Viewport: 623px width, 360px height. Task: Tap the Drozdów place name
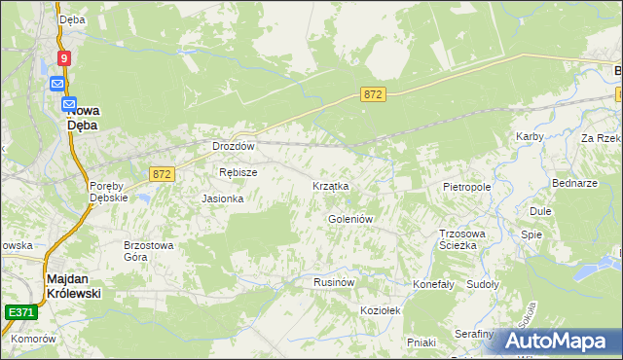point(234,146)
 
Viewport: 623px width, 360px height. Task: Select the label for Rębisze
point(238,172)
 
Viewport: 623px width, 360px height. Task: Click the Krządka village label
point(330,186)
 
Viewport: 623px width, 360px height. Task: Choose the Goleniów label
point(350,219)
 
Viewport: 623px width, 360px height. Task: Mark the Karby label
point(530,136)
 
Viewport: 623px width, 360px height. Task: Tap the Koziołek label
point(381,308)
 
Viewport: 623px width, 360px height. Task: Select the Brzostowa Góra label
point(148,251)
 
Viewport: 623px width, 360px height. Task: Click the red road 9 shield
point(64,58)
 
